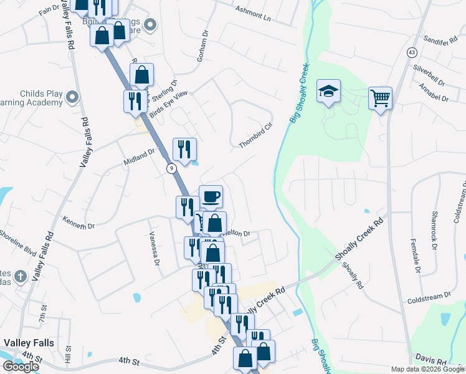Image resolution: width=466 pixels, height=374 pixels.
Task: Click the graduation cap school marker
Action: pyautogui.click(x=328, y=92)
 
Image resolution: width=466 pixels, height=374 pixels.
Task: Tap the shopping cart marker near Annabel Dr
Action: pyautogui.click(x=380, y=98)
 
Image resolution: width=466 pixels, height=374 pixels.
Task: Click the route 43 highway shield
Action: pyautogui.click(x=412, y=53)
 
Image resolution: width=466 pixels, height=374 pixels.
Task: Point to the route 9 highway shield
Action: pyautogui.click(x=171, y=168)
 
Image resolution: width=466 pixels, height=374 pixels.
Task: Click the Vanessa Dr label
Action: pyautogui.click(x=151, y=247)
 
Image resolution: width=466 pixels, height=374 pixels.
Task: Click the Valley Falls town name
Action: pyautogui.click(x=29, y=343)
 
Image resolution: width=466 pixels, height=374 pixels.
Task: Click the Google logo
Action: pyautogui.click(x=21, y=367)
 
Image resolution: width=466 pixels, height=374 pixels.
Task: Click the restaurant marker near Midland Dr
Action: pyautogui.click(x=184, y=149)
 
